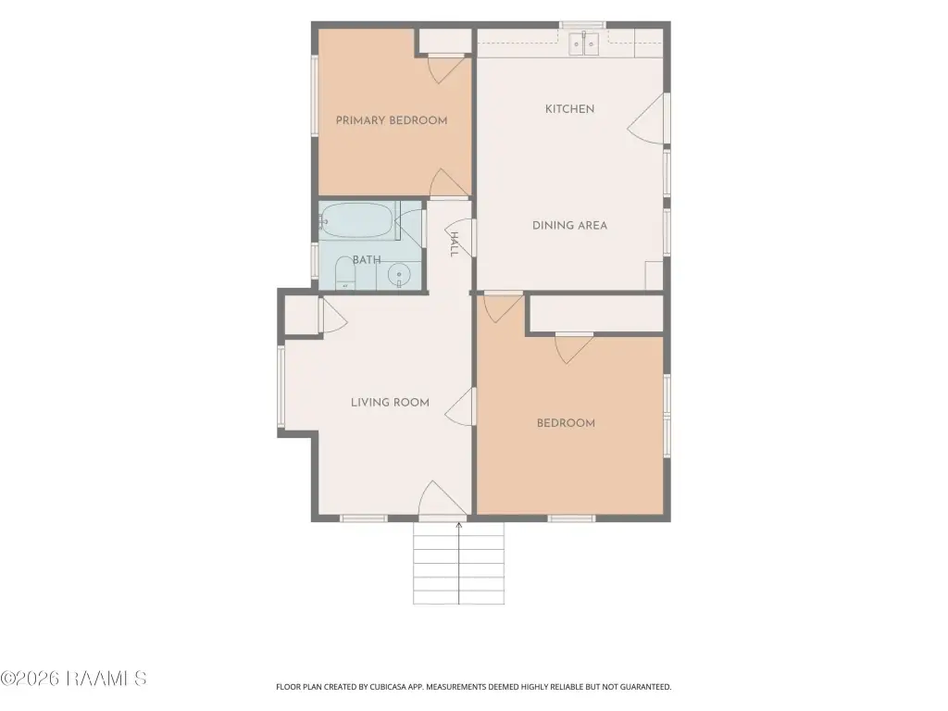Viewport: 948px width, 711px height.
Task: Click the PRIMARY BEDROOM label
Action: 392,120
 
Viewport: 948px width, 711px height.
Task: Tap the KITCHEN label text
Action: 569,109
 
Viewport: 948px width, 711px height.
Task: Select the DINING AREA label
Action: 569,226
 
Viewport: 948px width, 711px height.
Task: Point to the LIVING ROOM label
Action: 390,403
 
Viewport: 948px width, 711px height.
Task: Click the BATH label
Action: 367,260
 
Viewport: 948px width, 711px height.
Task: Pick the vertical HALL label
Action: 455,244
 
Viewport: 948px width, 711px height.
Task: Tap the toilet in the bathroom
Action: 344,273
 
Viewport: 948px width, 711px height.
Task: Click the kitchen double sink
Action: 583,44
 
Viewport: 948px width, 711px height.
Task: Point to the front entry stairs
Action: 458,564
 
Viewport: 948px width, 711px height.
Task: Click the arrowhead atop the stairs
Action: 459,525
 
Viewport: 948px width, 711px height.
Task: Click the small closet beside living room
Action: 301,314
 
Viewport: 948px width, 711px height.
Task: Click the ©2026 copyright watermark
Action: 73,679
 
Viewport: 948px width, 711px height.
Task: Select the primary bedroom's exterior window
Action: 315,94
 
